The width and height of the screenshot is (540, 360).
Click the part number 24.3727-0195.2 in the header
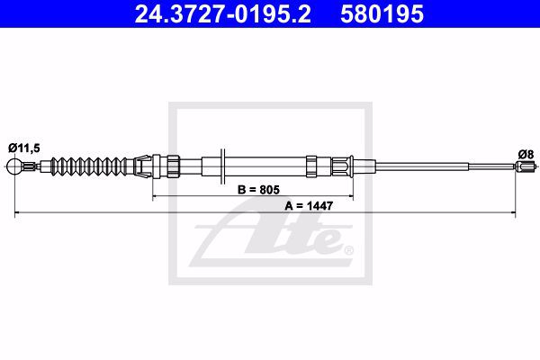coord(222,14)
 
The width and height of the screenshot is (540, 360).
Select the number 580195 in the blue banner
coord(382,14)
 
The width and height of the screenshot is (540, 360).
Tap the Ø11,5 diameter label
coord(24,148)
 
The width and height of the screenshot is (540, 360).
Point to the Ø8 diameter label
coord(526,154)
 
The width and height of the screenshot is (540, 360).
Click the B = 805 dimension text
coord(258,190)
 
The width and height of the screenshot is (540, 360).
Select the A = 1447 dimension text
coord(309,206)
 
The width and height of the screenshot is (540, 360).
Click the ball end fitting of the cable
coord(14,166)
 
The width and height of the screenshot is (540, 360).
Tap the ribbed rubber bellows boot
coord(88,166)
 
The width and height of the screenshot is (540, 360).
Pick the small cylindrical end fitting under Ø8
coord(526,166)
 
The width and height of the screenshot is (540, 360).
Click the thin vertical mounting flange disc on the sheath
coord(223,166)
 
